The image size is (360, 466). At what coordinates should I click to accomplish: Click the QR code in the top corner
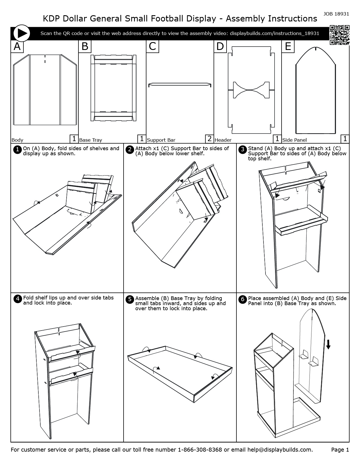(x=339, y=35)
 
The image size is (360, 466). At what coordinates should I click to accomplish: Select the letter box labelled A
(x=17, y=46)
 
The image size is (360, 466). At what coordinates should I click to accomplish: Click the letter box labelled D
(x=220, y=46)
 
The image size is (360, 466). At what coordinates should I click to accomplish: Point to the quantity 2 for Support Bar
(x=209, y=139)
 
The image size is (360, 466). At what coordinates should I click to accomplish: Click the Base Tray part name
(x=91, y=140)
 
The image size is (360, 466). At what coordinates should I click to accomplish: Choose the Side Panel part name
(x=294, y=140)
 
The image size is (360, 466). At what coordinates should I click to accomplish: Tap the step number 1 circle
(x=17, y=149)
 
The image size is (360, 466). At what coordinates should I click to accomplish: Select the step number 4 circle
(x=17, y=299)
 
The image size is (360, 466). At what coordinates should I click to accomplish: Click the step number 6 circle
(x=242, y=299)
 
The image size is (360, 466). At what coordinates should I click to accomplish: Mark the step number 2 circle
(x=129, y=149)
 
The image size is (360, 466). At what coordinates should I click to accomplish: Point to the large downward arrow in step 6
(x=328, y=344)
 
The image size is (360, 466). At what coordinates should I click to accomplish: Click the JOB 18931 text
(x=336, y=14)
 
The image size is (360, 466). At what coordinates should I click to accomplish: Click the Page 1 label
(x=340, y=450)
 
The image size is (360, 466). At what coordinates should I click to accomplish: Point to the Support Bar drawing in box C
(x=180, y=84)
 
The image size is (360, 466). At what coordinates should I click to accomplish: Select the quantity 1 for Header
(x=277, y=139)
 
